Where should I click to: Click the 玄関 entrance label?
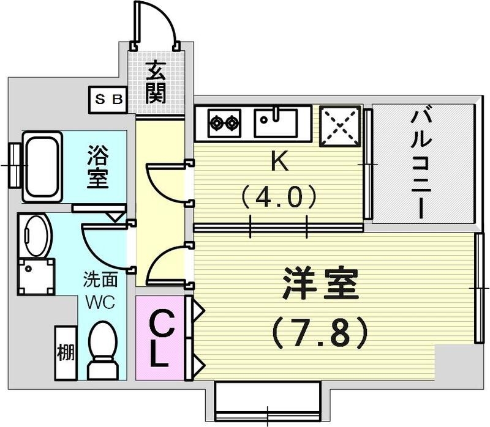(155, 83)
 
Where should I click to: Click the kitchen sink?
(276, 122)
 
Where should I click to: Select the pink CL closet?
(159, 338)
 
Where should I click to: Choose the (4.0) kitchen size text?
(279, 197)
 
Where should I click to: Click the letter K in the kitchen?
(279, 162)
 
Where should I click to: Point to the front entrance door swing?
(156, 24)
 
